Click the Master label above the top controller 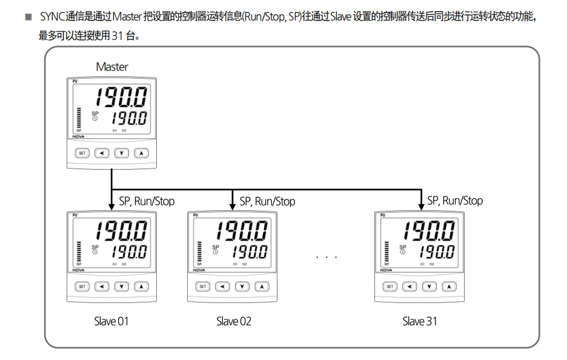click(x=112, y=67)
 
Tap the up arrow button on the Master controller click(x=141, y=153)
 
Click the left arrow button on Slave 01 click(x=102, y=286)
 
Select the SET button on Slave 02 click(x=203, y=286)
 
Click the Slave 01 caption click(x=111, y=321)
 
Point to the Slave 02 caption click(x=234, y=321)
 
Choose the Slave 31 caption click(x=420, y=321)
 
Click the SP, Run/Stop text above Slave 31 click(x=455, y=201)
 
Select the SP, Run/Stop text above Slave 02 click(x=267, y=201)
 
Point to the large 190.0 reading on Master click(x=121, y=97)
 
